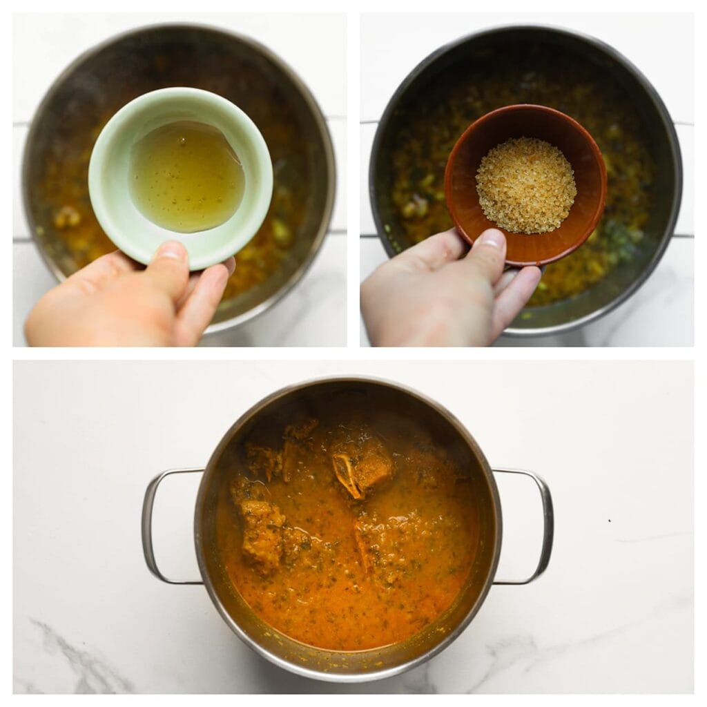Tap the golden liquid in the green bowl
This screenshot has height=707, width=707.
tap(186, 177)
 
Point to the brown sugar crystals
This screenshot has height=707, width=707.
tap(526, 185)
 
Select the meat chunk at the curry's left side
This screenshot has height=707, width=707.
tap(261, 532)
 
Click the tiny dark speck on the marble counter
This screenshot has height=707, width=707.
tap(609, 521)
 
